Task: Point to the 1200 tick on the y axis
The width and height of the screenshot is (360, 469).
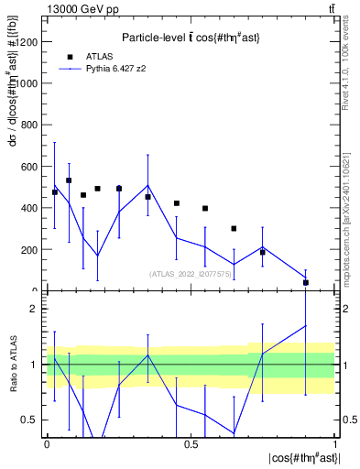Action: [x=31, y=41]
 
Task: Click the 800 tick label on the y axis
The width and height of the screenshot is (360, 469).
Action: [x=31, y=125]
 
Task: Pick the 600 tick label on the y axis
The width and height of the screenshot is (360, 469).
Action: [x=31, y=166]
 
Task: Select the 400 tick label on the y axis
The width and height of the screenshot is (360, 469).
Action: [x=31, y=208]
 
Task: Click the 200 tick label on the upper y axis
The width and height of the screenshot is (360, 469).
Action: [x=31, y=249]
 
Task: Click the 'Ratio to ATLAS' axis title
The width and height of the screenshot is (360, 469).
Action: [x=12, y=364]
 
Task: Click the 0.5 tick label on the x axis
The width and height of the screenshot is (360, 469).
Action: [x=191, y=444]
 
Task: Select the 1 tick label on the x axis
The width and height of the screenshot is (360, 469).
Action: [x=335, y=444]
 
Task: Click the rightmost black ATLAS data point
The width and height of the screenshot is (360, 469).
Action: [x=306, y=282]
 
